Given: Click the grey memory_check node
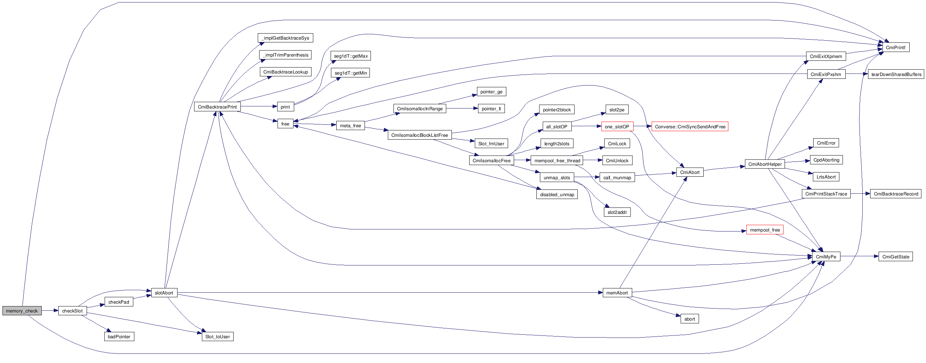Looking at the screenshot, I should click(22, 311).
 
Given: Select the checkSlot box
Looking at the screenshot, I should click(72, 311).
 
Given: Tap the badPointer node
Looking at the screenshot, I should click(119, 336).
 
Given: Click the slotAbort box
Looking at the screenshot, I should click(164, 293).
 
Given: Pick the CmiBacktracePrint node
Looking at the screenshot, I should click(217, 107).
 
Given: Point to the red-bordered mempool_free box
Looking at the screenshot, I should click(765, 230).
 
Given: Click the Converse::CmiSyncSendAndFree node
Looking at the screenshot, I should click(690, 127).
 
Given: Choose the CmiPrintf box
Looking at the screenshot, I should click(896, 47).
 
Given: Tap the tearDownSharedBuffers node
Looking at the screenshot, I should click(896, 74).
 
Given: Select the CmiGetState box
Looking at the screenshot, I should click(896, 257).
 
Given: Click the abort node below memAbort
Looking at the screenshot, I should click(689, 319).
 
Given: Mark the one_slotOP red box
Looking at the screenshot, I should click(617, 127).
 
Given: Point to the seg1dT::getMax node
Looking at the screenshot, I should click(350, 56).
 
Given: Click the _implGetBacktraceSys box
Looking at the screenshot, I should click(285, 38).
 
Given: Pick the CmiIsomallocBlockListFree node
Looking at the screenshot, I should click(419, 135).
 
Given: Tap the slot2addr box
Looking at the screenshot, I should click(617, 212).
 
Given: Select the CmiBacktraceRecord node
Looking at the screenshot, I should click(896, 194).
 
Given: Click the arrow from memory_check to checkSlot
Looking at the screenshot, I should click(49, 311).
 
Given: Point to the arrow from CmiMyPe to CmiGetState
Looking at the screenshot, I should click(859, 256).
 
